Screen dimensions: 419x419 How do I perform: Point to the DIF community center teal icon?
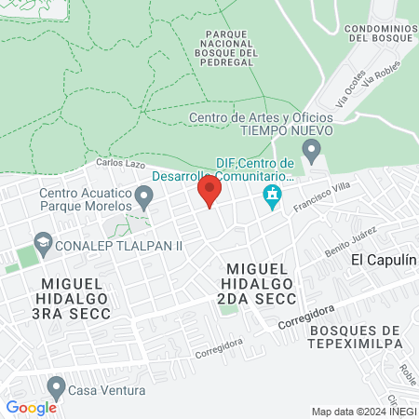(272, 196)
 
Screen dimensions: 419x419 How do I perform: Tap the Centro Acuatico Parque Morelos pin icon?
(143, 196)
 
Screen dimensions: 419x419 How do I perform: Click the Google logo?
(31, 407)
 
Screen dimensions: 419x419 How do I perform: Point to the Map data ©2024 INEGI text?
(362, 412)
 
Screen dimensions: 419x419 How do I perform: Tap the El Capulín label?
(383, 260)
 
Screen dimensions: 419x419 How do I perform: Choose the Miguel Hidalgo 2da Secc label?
(259, 283)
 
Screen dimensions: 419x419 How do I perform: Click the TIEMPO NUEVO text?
(262, 131)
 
